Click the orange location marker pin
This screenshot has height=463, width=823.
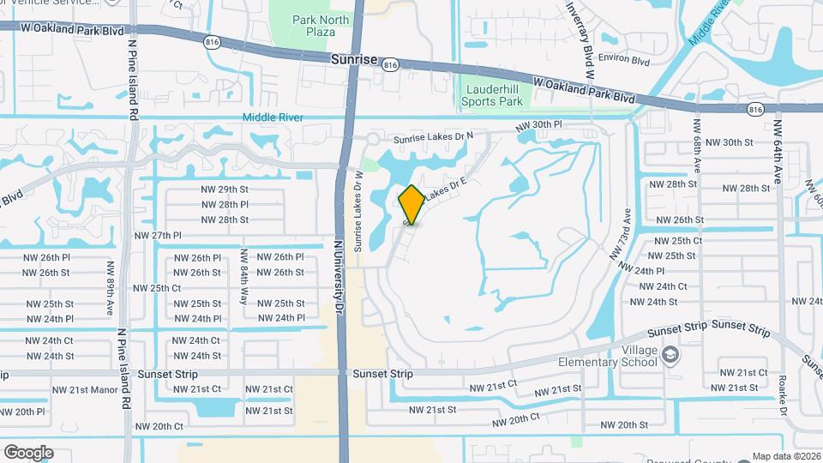411,205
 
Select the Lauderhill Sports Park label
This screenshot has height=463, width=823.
494,94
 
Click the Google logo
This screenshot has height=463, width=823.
28,452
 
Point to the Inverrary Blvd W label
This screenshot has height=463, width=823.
580,39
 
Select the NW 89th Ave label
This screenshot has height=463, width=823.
110,289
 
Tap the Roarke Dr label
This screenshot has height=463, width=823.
783,394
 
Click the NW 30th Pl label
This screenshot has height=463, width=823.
539,125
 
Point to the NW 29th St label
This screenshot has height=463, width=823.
225,189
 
